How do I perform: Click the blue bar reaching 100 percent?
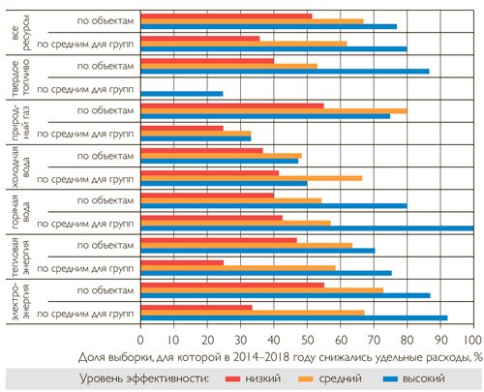click(x=307, y=228)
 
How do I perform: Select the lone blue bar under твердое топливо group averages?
click(x=182, y=94)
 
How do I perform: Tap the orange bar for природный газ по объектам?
click(x=274, y=111)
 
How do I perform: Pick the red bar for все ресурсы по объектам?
click(x=227, y=16)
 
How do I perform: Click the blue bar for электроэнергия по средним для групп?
click(x=294, y=317)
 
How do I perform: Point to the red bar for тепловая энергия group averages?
click(x=182, y=262)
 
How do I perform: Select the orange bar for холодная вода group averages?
click(x=252, y=178)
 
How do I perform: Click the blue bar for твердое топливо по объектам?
click(x=286, y=72)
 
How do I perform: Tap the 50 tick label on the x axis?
click(x=307, y=340)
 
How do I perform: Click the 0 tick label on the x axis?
click(x=140, y=340)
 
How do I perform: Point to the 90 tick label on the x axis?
click(x=440, y=340)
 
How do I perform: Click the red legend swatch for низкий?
click(x=232, y=378)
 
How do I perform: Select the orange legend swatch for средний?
click(x=306, y=378)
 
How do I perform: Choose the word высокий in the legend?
click(x=424, y=378)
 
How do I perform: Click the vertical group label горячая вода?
click(x=21, y=212)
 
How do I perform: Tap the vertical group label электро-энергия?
click(x=21, y=302)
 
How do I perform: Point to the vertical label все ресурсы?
click(x=21, y=32)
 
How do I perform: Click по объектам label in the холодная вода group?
click(x=106, y=156)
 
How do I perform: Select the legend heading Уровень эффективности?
click(x=144, y=378)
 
